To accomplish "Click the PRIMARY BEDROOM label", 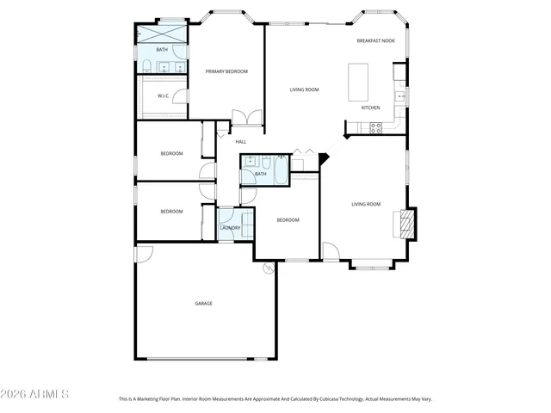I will click(226, 71).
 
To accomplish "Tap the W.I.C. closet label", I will click(164, 96).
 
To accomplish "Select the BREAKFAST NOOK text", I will click(375, 41).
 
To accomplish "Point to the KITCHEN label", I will click(370, 108).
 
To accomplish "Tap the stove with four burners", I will click(375, 127).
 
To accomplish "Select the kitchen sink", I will click(400, 96).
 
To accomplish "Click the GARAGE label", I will click(203, 303).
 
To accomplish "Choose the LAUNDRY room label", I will click(230, 227).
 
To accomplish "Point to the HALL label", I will click(241, 141).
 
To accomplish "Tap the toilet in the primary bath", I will click(147, 67).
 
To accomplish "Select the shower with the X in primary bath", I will click(163, 34).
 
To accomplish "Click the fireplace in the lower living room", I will click(406, 222).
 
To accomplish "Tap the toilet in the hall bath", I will click(266, 163).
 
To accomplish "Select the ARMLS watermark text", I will click(35, 394).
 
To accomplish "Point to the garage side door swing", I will click(145, 253).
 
